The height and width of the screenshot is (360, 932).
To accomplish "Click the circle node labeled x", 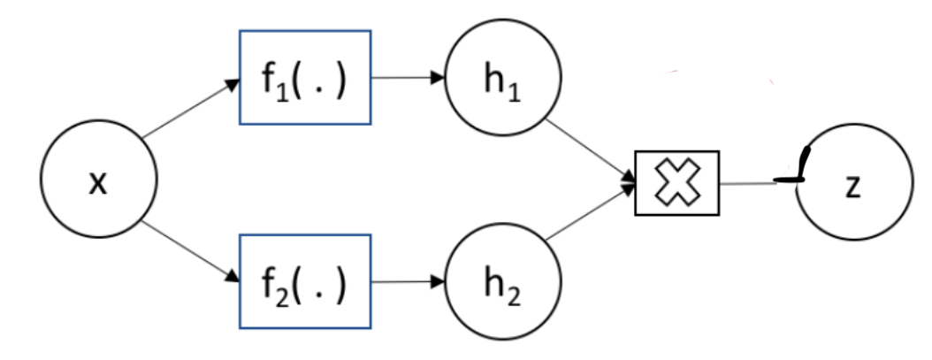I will pos(100,182).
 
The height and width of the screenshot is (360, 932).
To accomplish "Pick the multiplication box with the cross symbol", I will pos(677,183).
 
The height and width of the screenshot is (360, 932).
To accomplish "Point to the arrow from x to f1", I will pos(190,110).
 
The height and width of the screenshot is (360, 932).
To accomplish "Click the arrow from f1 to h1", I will pos(407,77).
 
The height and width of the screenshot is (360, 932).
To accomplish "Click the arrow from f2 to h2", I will pos(407,283).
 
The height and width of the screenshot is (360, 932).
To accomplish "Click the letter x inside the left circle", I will pos(99,184).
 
